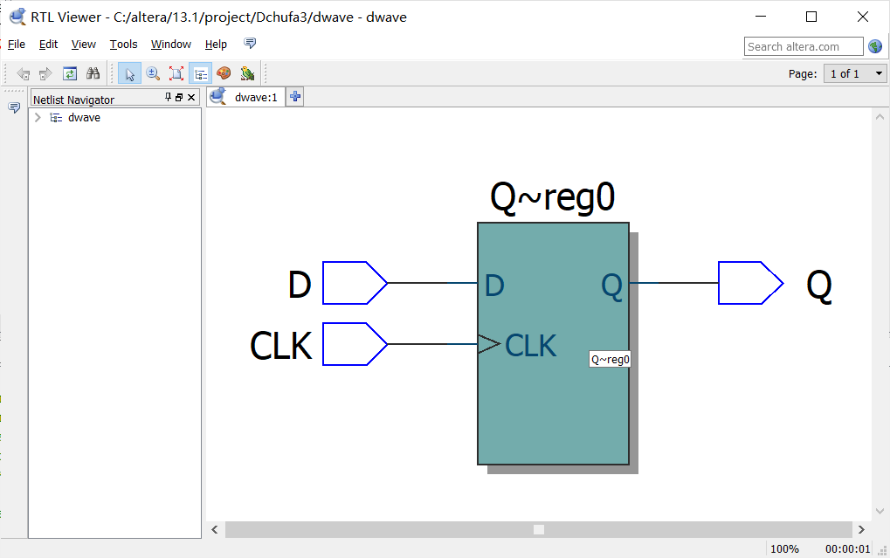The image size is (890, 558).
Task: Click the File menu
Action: [17, 45]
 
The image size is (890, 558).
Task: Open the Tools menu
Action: [123, 45]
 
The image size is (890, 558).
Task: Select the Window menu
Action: [170, 45]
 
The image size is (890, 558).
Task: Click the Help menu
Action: [216, 45]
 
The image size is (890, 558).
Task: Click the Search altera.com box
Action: [803, 46]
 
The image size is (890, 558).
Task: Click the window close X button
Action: [863, 17]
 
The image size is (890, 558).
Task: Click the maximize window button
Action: [811, 17]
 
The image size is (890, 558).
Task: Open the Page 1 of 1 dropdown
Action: [855, 73]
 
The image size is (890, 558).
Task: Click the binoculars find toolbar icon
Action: [93, 73]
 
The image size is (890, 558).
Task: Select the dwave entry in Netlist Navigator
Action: [84, 118]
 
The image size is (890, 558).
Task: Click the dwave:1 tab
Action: [255, 97]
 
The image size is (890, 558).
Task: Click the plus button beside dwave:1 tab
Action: [295, 97]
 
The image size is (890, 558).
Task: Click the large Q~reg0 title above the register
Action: [552, 198]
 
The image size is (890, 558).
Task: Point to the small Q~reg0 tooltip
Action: [610, 359]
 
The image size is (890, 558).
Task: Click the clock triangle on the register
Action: [488, 345]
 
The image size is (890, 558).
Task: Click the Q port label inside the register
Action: [612, 285]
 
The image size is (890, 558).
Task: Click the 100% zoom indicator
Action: [784, 548]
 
